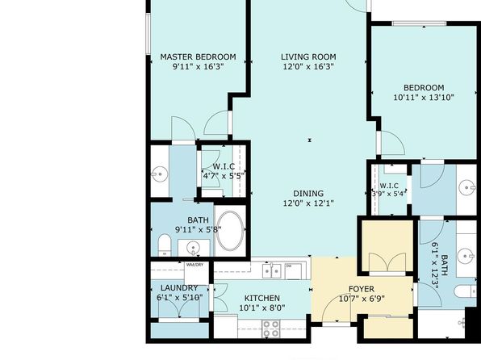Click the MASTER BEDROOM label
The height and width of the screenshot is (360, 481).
click(198, 57)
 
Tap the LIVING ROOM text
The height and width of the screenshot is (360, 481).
click(308, 57)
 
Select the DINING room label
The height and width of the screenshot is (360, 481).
click(308, 194)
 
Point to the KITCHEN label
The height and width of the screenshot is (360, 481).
click(262, 299)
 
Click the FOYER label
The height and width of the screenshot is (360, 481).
click(362, 289)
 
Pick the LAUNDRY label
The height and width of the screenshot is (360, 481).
click(179, 288)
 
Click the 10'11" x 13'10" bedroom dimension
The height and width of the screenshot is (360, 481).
click(424, 98)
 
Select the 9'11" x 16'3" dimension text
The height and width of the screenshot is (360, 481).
click(198, 67)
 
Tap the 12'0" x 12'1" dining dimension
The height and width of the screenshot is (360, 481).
click(308, 203)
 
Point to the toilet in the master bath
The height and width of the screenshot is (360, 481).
click(165, 245)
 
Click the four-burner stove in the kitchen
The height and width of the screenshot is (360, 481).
click(271, 329)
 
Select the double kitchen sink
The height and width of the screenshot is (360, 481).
click(272, 271)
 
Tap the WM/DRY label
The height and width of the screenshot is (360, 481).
click(194, 265)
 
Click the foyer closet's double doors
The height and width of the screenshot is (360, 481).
click(387, 262)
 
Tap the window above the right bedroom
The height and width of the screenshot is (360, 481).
click(419, 23)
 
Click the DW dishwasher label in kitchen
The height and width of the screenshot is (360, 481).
click(289, 266)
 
